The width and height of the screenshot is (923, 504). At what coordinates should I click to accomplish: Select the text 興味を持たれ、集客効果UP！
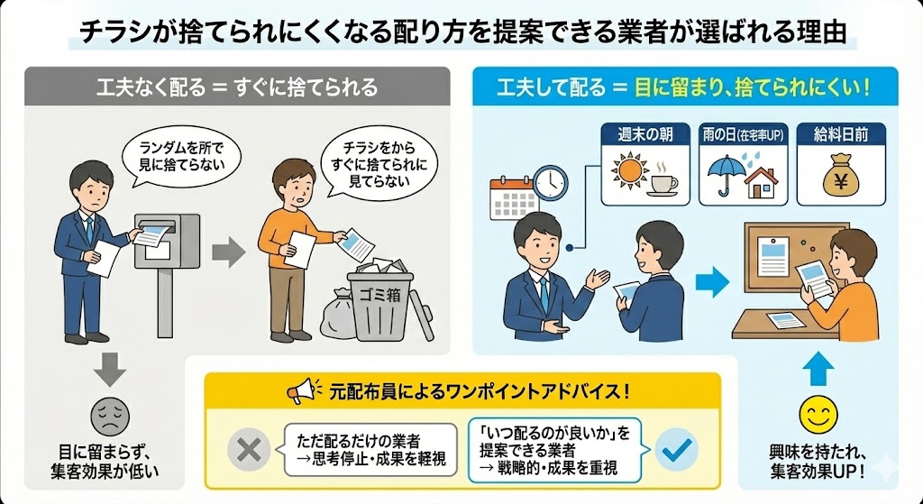pos(817,461)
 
